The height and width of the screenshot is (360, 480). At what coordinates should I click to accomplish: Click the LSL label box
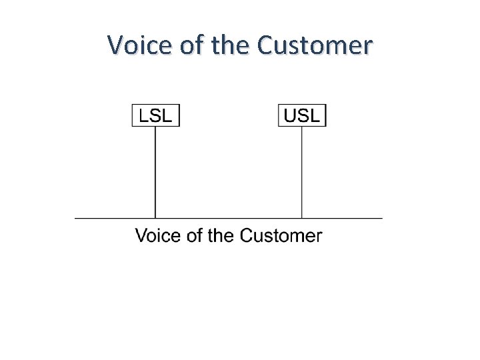pyautogui.click(x=155, y=115)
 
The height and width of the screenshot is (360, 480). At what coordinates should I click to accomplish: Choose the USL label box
pyautogui.click(x=302, y=115)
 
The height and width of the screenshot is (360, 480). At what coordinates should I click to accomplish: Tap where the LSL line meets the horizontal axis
pyautogui.click(x=155, y=218)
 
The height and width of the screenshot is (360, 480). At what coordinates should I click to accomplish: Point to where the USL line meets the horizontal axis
pyautogui.click(x=302, y=218)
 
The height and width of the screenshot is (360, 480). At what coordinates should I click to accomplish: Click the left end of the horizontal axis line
pyautogui.click(x=76, y=218)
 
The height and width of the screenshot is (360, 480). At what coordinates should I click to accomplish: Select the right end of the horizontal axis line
pyautogui.click(x=381, y=218)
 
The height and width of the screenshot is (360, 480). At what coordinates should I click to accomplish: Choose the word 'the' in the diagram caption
pyautogui.click(x=221, y=235)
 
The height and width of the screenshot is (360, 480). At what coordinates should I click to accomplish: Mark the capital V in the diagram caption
pyautogui.click(x=141, y=235)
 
